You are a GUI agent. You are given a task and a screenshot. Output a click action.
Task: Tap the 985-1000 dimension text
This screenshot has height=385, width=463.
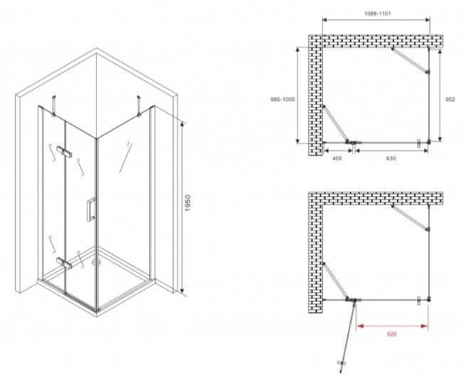[x=282, y=99]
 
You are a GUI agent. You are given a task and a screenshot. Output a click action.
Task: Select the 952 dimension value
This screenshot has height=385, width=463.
[x=450, y=99]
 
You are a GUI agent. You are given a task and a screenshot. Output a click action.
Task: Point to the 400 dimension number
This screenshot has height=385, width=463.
[x=337, y=158]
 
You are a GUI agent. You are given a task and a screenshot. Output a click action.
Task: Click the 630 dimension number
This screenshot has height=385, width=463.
[x=390, y=158]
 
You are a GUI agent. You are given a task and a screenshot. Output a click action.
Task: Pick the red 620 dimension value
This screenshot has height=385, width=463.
[x=392, y=335]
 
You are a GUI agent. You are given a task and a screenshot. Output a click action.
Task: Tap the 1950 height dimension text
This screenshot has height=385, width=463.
[x=188, y=202]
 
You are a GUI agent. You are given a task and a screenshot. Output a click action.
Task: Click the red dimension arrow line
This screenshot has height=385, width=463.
[x=392, y=326]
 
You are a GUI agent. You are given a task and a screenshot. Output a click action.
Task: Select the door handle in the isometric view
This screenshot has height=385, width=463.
[x=90, y=209]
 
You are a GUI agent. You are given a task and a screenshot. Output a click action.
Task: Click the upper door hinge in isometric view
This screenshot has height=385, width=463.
[x=65, y=151]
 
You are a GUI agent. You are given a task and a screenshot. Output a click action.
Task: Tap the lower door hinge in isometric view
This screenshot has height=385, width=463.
[x=64, y=262]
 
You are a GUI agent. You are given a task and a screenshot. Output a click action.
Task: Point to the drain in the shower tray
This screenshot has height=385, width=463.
[x=95, y=261]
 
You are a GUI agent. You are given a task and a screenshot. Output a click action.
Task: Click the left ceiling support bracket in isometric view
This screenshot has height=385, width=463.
[x=53, y=105]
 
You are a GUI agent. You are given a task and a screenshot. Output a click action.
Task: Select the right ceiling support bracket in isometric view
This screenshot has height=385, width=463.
[x=138, y=105]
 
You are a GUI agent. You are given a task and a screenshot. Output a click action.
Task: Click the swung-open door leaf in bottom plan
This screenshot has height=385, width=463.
[x=348, y=335]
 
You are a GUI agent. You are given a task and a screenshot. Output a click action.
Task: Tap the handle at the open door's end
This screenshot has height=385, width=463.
[x=341, y=366]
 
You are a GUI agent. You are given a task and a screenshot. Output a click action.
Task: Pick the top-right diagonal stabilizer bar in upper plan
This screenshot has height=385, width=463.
[x=410, y=60]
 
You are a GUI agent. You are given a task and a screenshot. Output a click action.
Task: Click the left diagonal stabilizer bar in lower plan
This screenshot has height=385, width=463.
[x=336, y=281]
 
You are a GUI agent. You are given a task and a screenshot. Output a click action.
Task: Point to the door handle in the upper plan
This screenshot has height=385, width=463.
[x=419, y=143]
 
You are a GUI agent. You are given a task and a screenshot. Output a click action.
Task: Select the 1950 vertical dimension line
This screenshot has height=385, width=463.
[x=182, y=207]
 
